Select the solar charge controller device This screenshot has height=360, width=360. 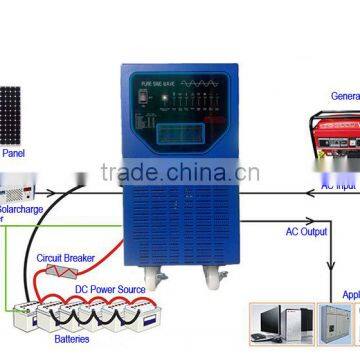(x=20, y=186)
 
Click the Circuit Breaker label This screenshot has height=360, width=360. (x=66, y=258)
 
